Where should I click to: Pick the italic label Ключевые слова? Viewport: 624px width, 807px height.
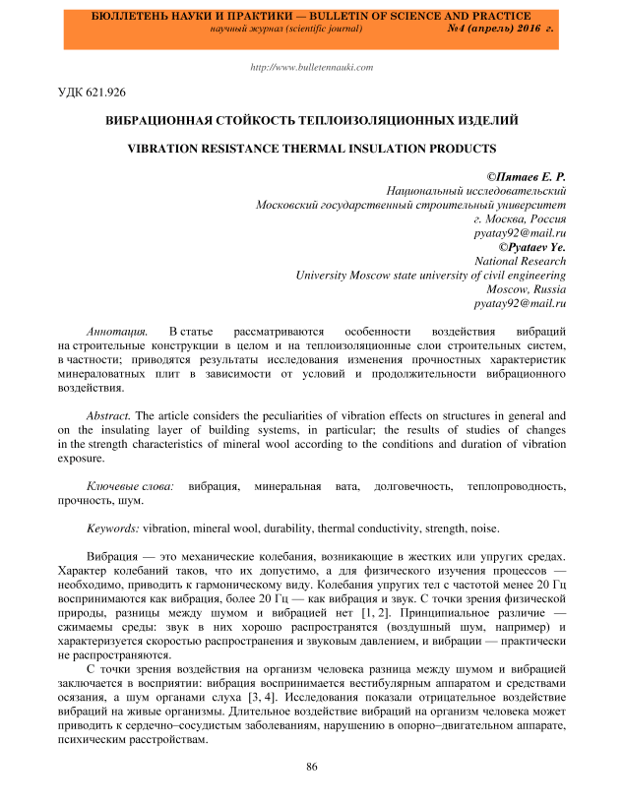[x=131, y=486]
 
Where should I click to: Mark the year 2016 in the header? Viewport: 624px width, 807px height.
[x=528, y=31]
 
